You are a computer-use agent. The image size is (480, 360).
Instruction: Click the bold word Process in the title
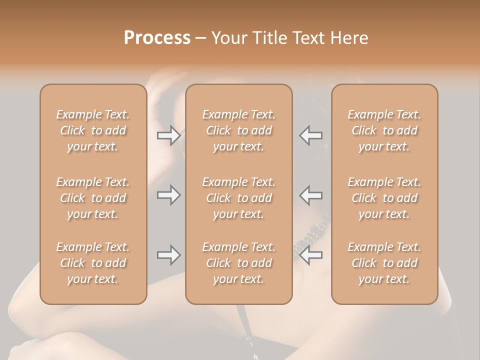[x=157, y=38]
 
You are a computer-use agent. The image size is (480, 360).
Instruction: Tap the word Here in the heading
[x=348, y=38]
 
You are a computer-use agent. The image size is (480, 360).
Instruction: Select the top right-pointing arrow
[x=169, y=135]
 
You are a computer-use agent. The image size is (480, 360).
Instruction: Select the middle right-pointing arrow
[x=169, y=195]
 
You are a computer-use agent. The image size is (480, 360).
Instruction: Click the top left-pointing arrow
[x=311, y=135]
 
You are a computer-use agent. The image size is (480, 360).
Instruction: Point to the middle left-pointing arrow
[x=311, y=195]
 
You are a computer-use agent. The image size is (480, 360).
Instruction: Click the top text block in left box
[x=93, y=130]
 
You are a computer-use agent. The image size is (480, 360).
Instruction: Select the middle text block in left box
[x=93, y=198]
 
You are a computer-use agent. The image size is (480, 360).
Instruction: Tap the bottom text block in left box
[x=93, y=263]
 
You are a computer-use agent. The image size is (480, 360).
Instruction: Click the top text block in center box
[x=238, y=130]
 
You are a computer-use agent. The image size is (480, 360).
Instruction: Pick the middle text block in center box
[x=238, y=198]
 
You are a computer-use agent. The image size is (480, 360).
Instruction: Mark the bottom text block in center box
[x=238, y=263]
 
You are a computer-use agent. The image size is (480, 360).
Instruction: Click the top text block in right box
[x=384, y=130]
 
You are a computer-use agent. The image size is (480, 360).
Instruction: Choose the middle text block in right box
[x=384, y=198]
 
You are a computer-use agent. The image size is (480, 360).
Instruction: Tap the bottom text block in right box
[x=384, y=263]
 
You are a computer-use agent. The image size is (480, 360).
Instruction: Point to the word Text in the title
[x=309, y=38]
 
